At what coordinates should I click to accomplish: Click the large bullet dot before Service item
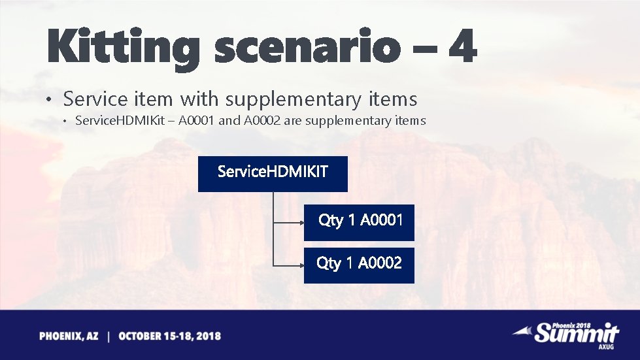(x=48, y=101)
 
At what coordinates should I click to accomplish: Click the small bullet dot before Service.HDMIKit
(x=65, y=121)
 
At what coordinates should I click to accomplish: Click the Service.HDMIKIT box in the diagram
(x=273, y=173)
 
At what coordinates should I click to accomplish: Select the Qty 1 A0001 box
(x=359, y=222)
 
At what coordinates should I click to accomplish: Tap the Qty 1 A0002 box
(x=359, y=265)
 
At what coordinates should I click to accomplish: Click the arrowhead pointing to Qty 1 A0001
(x=300, y=222)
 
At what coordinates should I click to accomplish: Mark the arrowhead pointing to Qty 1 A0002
(x=300, y=265)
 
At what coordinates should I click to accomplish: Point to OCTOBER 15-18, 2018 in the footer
(x=170, y=336)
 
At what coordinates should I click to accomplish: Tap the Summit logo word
(x=575, y=333)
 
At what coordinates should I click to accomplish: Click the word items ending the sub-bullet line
(x=411, y=121)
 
